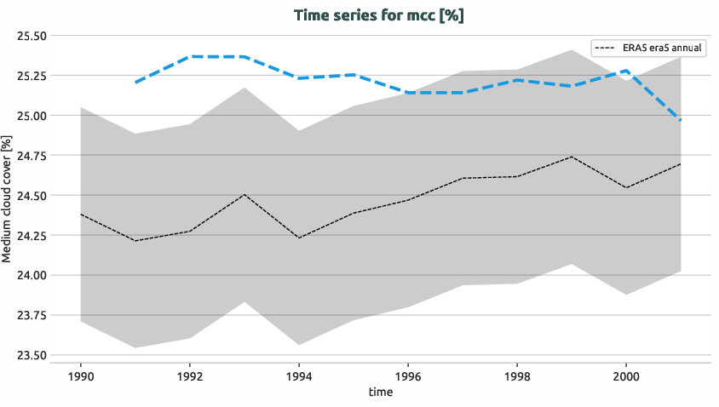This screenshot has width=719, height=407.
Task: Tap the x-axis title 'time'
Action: pos(380,392)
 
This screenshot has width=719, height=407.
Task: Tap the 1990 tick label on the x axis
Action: pos(80,375)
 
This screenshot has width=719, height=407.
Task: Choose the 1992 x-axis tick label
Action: pos(189,375)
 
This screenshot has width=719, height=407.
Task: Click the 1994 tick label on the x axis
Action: pos(298,375)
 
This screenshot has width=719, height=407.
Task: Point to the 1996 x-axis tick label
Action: pos(408,375)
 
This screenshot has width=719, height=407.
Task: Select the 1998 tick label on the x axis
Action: pos(517,375)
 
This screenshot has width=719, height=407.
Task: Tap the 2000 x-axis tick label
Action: pos(626,375)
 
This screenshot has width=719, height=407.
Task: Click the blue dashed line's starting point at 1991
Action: pos(135,83)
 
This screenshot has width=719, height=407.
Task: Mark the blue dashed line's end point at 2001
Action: pos(681,120)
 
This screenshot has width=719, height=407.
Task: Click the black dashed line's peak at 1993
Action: pos(244,194)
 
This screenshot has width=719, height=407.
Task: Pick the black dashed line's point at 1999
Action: pos(572,157)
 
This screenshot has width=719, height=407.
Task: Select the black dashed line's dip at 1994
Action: pos(299,238)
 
